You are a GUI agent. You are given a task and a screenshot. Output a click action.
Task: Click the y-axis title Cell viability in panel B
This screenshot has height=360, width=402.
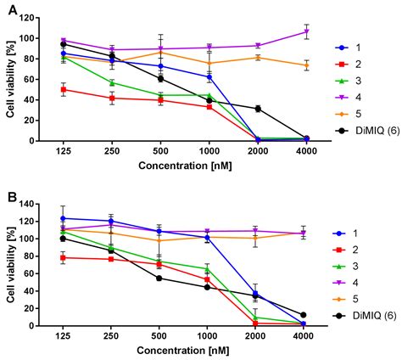click(12, 265)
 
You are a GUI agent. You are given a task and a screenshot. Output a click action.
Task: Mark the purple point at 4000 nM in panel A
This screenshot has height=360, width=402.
click(305, 31)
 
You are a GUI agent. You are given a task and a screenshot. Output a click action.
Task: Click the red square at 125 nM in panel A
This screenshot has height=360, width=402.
click(64, 89)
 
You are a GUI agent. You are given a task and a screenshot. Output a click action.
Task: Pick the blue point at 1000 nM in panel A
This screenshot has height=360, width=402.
click(209, 76)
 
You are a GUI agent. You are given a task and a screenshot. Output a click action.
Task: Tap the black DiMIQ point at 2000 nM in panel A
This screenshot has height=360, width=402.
click(257, 109)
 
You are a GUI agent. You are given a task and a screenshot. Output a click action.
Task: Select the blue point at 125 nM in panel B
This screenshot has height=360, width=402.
click(64, 218)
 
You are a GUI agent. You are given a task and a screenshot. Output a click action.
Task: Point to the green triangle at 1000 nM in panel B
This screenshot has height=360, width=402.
click(209, 269)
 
